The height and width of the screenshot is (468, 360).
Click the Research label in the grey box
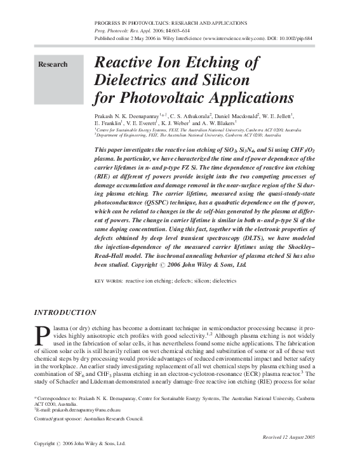pyautogui.click(x=53, y=65)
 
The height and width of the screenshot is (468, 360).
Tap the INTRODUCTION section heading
pyautogui.click(x=65, y=312)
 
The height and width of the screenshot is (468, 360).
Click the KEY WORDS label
pyautogui.click(x=108, y=280)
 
